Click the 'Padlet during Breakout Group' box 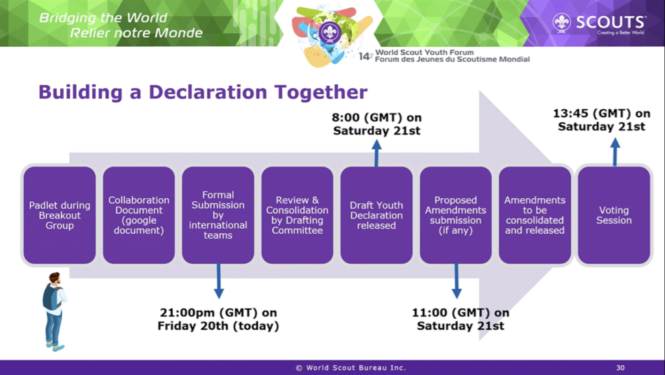pyautogui.click(x=59, y=215)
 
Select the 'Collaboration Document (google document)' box pyautogui.click(x=139, y=215)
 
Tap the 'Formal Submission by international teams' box pyautogui.click(x=218, y=215)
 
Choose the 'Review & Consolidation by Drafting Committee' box pyautogui.click(x=297, y=215)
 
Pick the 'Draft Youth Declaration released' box pyautogui.click(x=376, y=215)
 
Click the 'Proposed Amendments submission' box pyautogui.click(x=455, y=215)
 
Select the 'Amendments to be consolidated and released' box pyautogui.click(x=535, y=215)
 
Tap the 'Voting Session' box pyautogui.click(x=614, y=215)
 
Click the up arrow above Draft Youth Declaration pyautogui.click(x=377, y=153)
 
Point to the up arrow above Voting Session pyautogui.click(x=615, y=152)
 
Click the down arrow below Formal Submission pyautogui.click(x=219, y=281)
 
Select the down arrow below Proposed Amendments pyautogui.click(x=457, y=281)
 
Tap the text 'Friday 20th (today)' pyautogui.click(x=218, y=326)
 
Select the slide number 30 pyautogui.click(x=620, y=368)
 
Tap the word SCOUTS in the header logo pyautogui.click(x=610, y=21)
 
